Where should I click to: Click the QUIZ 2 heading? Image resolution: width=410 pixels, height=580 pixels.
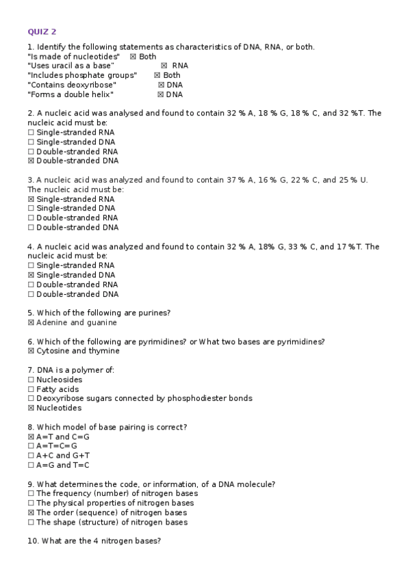(x=42, y=31)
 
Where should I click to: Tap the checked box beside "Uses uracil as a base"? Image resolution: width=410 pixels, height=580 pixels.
(x=164, y=66)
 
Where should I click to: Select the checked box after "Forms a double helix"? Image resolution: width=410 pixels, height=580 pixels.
(x=161, y=94)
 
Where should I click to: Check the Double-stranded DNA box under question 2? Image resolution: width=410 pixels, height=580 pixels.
(x=31, y=161)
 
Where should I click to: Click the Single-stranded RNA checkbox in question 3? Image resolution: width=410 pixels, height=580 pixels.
(x=31, y=199)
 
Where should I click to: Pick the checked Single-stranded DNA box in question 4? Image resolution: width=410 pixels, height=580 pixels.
(x=31, y=275)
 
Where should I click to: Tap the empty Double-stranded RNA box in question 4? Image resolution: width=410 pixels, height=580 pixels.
(x=31, y=285)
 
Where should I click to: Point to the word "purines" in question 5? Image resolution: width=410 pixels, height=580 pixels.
(x=153, y=313)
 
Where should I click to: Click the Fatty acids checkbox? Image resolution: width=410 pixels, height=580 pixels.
(x=31, y=389)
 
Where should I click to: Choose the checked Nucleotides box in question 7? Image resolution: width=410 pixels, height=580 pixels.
(x=31, y=408)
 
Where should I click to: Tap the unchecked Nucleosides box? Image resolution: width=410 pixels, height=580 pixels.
(x=31, y=380)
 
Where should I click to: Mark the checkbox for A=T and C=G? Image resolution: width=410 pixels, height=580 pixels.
(x=31, y=436)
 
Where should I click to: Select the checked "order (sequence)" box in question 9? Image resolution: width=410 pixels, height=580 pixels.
(x=31, y=512)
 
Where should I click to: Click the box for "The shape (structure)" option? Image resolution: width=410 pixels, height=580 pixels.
(x=31, y=522)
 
